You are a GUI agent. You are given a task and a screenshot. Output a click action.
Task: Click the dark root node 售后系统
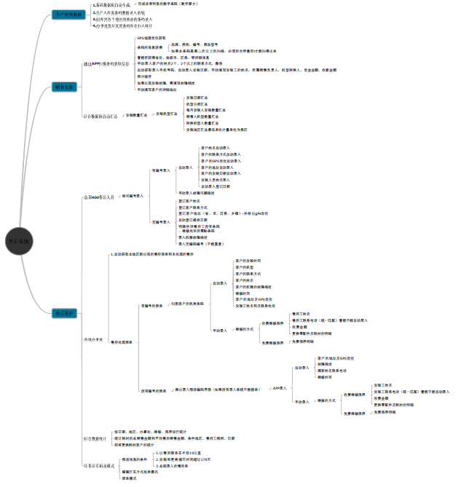[20, 241]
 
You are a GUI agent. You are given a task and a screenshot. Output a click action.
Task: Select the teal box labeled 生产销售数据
[70, 15]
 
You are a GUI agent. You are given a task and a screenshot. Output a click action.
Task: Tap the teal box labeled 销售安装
[65, 87]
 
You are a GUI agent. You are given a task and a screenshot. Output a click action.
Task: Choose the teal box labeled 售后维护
[65, 313]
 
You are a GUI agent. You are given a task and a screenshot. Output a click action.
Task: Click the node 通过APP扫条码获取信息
[106, 63]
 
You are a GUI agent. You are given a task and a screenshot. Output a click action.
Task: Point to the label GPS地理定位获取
[151, 37]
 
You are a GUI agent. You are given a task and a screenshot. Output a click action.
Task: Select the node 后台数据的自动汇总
[101, 115]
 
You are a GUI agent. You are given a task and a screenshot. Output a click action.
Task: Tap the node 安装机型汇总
[165, 114]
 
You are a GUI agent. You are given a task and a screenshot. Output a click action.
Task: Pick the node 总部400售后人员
[98, 197]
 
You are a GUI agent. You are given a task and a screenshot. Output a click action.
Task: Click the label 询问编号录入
[132, 197]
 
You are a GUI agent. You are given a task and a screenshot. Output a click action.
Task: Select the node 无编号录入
[160, 221]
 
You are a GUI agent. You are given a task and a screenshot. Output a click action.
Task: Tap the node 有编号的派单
[153, 306]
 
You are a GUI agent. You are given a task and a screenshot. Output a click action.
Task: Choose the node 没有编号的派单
[154, 390]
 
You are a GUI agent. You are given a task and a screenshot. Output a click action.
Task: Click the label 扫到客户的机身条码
[187, 303]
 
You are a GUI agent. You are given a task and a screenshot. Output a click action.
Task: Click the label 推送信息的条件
[135, 459]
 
